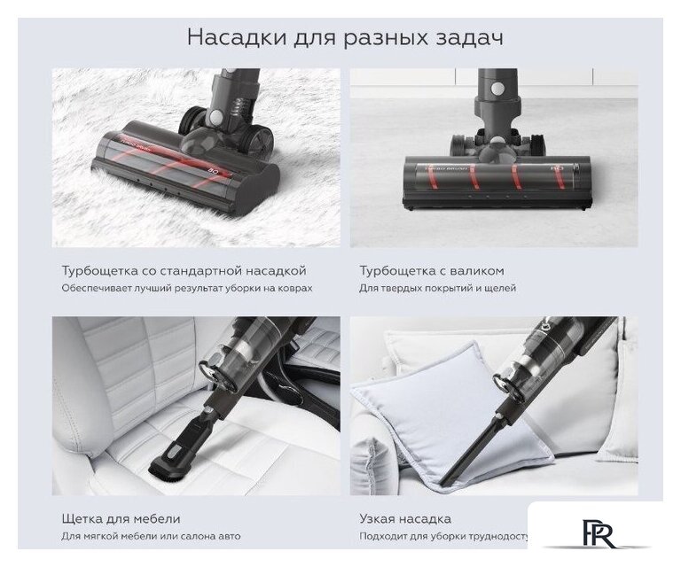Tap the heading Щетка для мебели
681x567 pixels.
[x=121, y=518]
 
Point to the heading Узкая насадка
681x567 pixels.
[x=405, y=518]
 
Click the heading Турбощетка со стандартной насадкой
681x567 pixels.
[x=184, y=270]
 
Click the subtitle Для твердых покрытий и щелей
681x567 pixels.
[x=437, y=289]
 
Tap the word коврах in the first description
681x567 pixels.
[x=294, y=289]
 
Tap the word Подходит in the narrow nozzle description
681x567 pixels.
[x=381, y=537]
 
